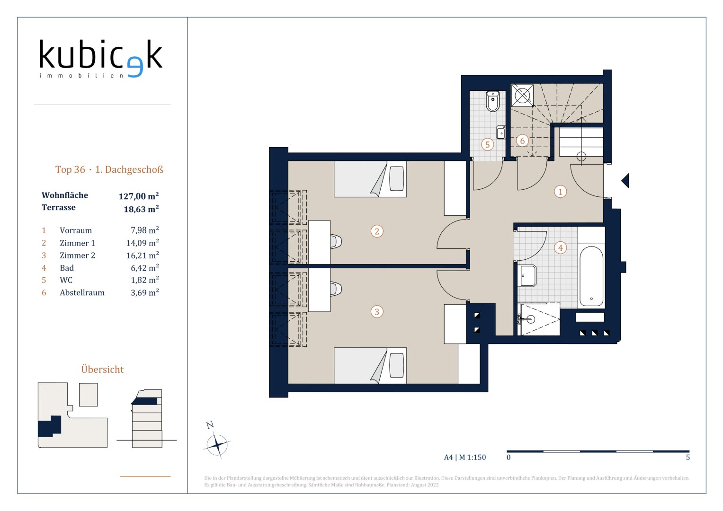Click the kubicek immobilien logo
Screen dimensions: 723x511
pos(101,59)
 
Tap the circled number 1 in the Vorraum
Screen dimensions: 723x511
pos(560,192)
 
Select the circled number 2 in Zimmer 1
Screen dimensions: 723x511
pos(377,231)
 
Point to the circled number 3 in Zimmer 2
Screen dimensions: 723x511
pos(377,312)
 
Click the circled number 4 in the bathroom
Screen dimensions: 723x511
pos(560,248)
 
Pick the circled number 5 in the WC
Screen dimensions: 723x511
pos(487,144)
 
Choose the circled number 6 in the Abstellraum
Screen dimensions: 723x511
pos(522,141)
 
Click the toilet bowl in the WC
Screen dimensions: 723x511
pos(493,101)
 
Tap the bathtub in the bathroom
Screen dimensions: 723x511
pos(591,276)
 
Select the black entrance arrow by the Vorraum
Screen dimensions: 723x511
pos(625,181)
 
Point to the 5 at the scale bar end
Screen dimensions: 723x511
pos(688,457)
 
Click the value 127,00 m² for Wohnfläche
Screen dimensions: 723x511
pos(139,196)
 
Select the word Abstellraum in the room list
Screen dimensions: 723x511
pos(82,292)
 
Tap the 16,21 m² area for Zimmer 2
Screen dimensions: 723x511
pos(143,255)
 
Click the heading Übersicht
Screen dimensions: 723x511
pos(102,369)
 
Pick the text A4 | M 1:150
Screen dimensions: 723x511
pos(465,457)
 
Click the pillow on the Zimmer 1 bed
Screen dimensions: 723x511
pos(397,179)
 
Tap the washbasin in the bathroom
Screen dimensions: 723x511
pos(527,276)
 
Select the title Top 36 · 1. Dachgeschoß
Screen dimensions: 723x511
pos(109,169)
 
